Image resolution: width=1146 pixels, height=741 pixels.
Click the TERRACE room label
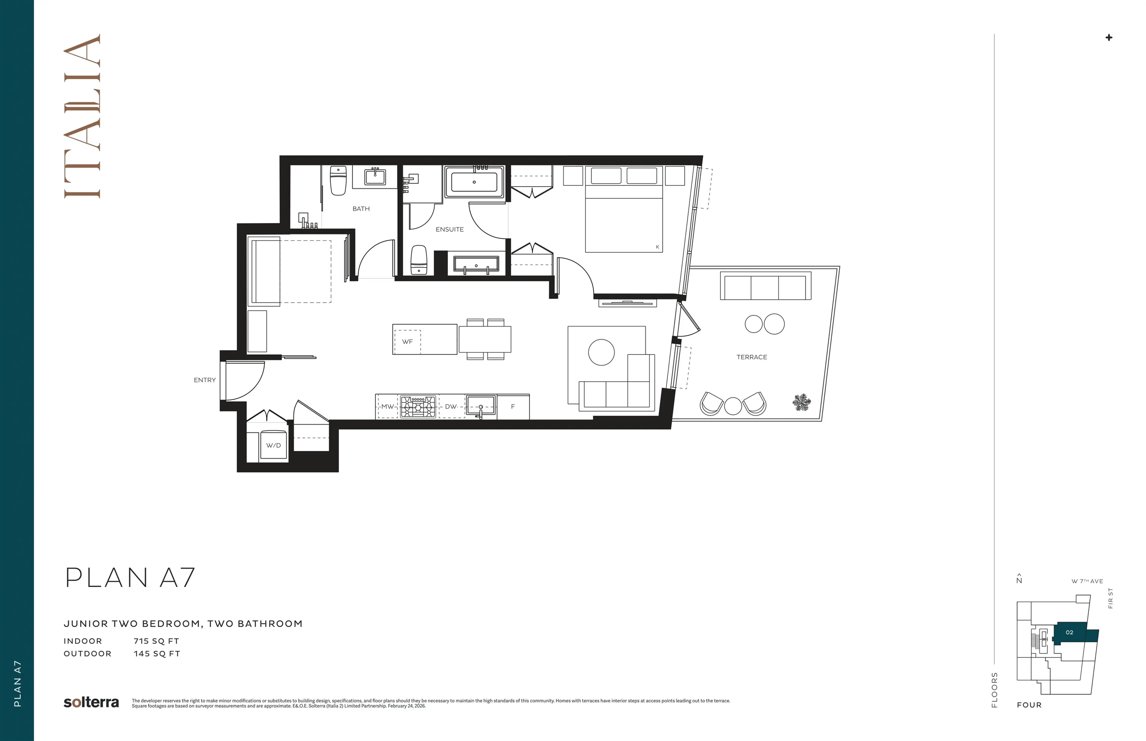point(751,357)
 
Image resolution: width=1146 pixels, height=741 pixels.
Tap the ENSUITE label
point(449,229)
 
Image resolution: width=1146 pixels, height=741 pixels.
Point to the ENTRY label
point(204,380)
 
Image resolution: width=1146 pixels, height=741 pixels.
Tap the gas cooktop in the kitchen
point(418,407)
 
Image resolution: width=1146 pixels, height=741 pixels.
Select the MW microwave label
point(387,407)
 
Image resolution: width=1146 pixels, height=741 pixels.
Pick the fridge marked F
point(513,407)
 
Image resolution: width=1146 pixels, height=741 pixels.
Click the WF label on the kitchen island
point(407,342)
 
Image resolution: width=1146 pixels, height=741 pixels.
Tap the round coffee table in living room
point(601,352)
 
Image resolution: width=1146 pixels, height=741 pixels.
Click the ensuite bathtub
point(474,182)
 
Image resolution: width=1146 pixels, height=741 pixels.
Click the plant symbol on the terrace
point(801,402)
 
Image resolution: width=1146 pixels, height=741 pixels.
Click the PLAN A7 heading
point(130,578)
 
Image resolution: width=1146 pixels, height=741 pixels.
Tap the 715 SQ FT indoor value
point(156,641)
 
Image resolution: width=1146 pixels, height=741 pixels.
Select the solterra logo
point(91,703)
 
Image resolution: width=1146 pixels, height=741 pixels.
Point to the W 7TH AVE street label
point(1087,581)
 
